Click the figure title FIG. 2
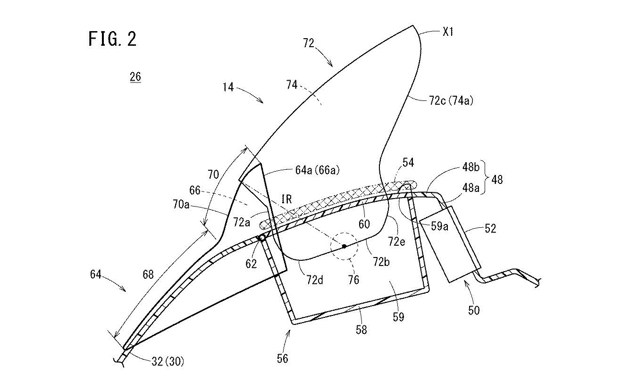click(112, 39)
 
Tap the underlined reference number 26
click(135, 77)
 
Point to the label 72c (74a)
click(451, 100)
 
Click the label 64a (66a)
click(317, 170)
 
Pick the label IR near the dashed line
click(286, 199)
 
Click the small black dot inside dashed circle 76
click(344, 247)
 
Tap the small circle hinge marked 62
click(262, 238)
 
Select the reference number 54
click(408, 162)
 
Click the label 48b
click(471, 167)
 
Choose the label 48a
click(471, 188)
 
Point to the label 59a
click(439, 226)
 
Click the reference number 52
click(490, 228)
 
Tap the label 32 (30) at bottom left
click(168, 362)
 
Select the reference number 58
click(361, 330)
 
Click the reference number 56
click(282, 358)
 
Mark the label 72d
click(315, 280)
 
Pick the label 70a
click(181, 205)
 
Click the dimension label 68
click(148, 274)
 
